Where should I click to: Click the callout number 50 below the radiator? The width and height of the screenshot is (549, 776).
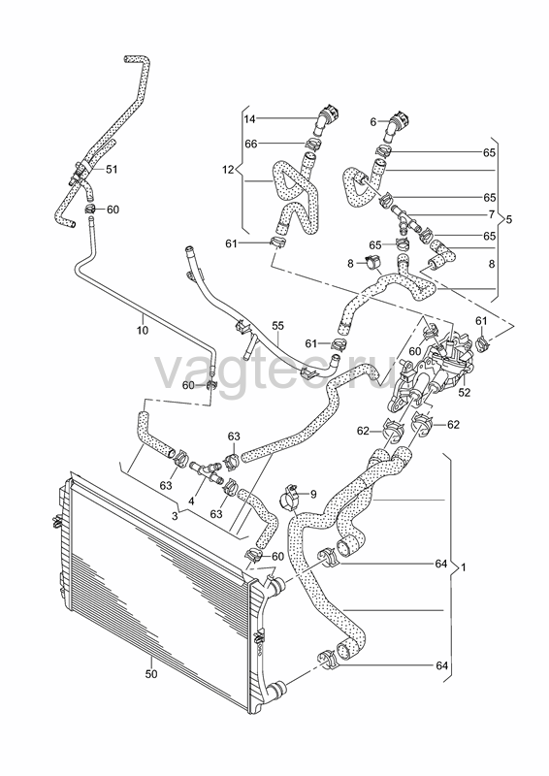[151, 673]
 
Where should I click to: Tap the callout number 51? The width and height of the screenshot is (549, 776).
[112, 169]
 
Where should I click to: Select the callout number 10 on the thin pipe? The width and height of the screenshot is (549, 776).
[143, 329]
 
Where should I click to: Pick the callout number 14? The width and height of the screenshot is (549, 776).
[250, 118]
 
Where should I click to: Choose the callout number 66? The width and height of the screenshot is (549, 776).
[251, 144]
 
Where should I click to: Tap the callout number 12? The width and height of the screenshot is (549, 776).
[228, 170]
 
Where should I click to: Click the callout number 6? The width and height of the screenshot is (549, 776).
[373, 121]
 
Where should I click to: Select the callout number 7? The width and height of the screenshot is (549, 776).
[491, 214]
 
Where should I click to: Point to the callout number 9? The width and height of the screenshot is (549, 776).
[312, 493]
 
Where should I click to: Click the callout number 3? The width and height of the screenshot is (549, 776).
[175, 516]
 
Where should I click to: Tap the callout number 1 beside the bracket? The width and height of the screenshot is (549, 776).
[463, 567]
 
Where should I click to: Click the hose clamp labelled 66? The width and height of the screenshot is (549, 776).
[313, 145]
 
